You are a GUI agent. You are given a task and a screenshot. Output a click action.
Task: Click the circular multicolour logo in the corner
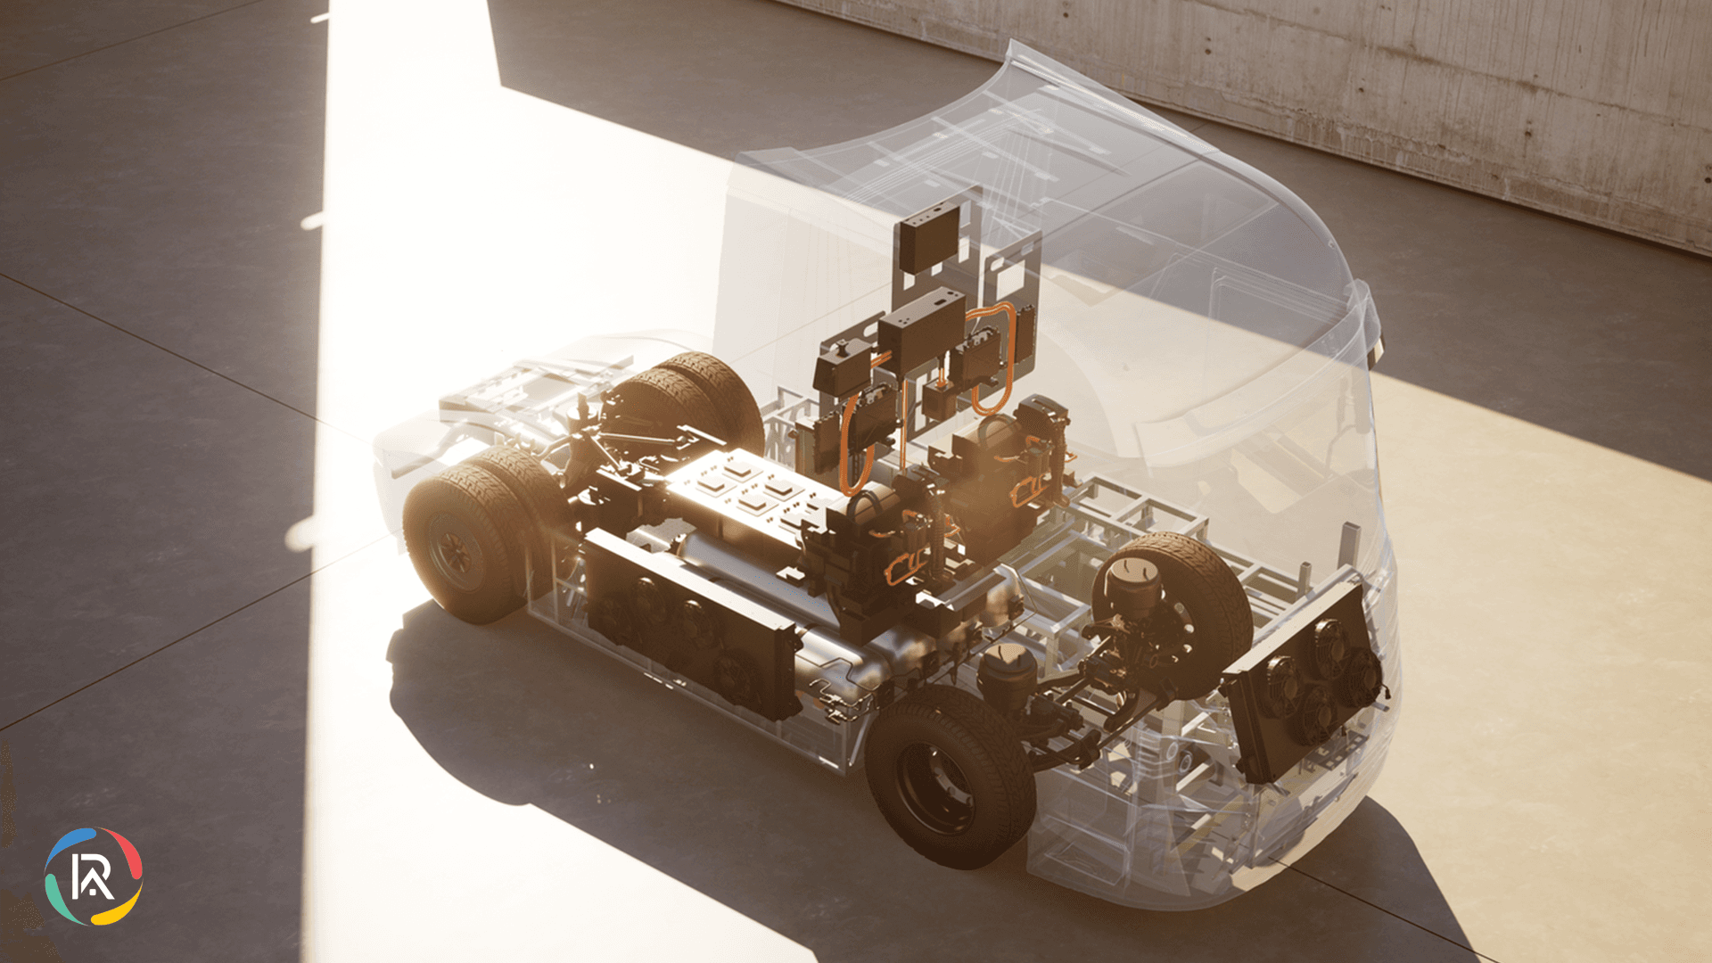tap(94, 876)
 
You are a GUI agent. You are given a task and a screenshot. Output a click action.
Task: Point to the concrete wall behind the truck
tap(1427, 89)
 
